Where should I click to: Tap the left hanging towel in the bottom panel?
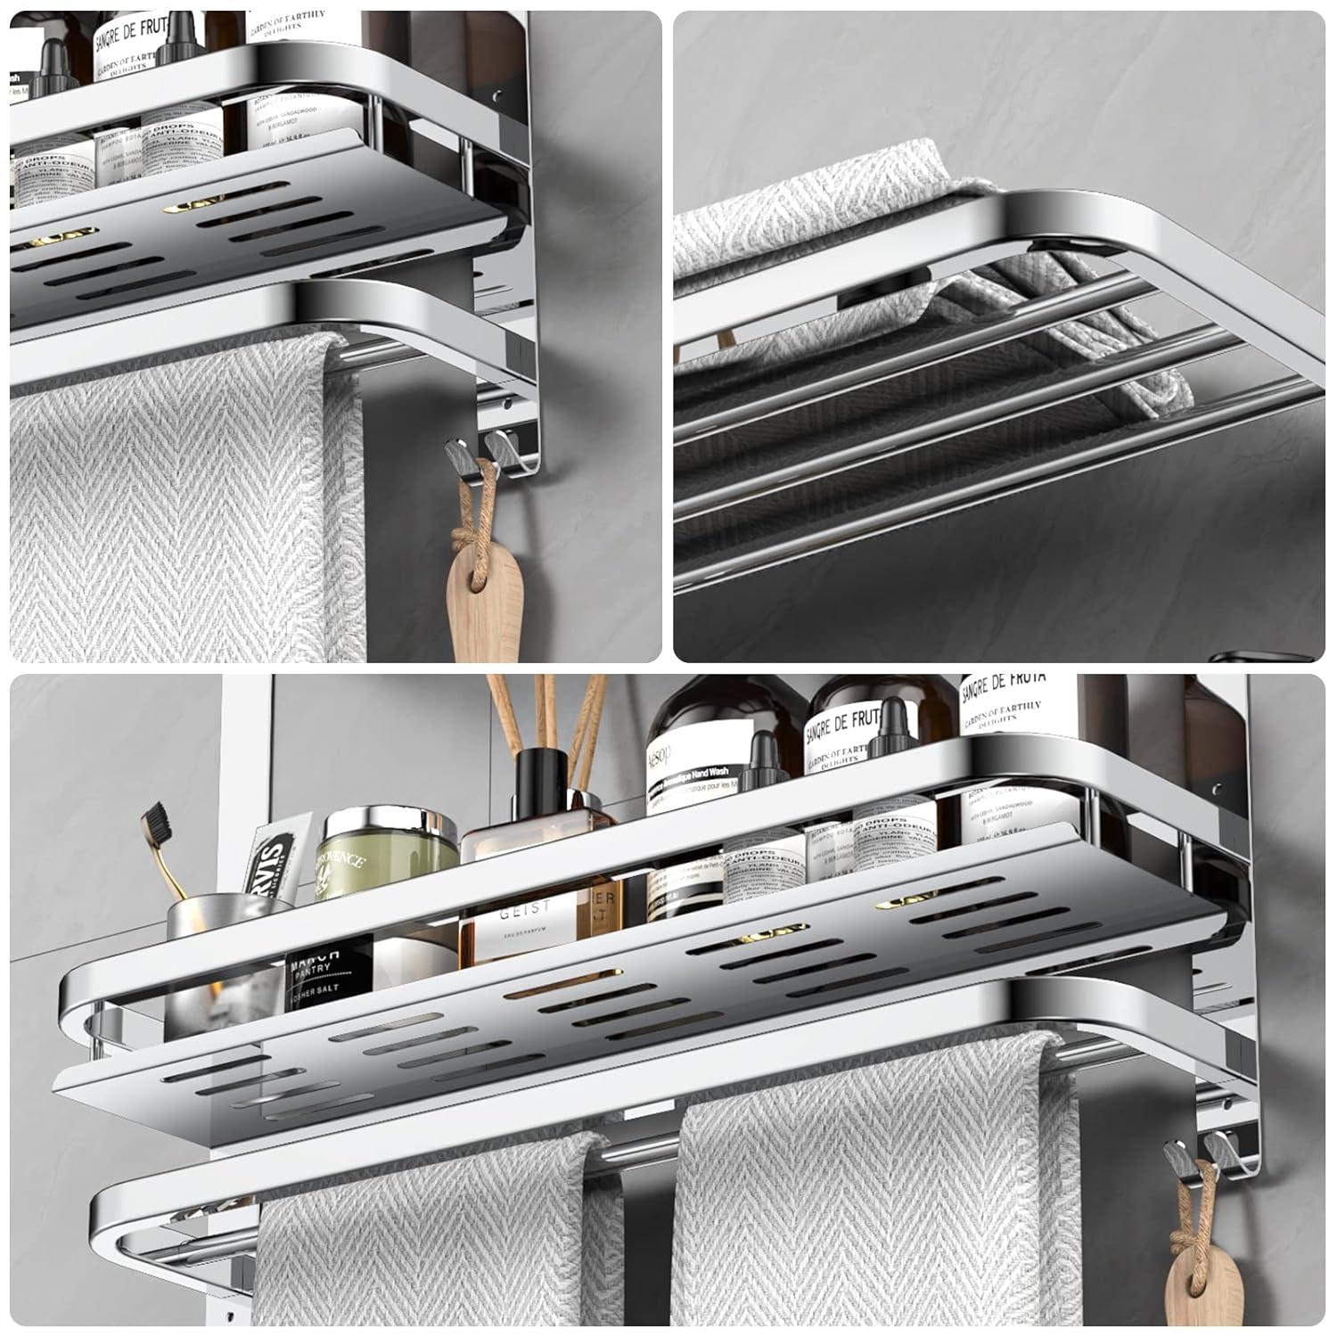click(x=437, y=1248)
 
